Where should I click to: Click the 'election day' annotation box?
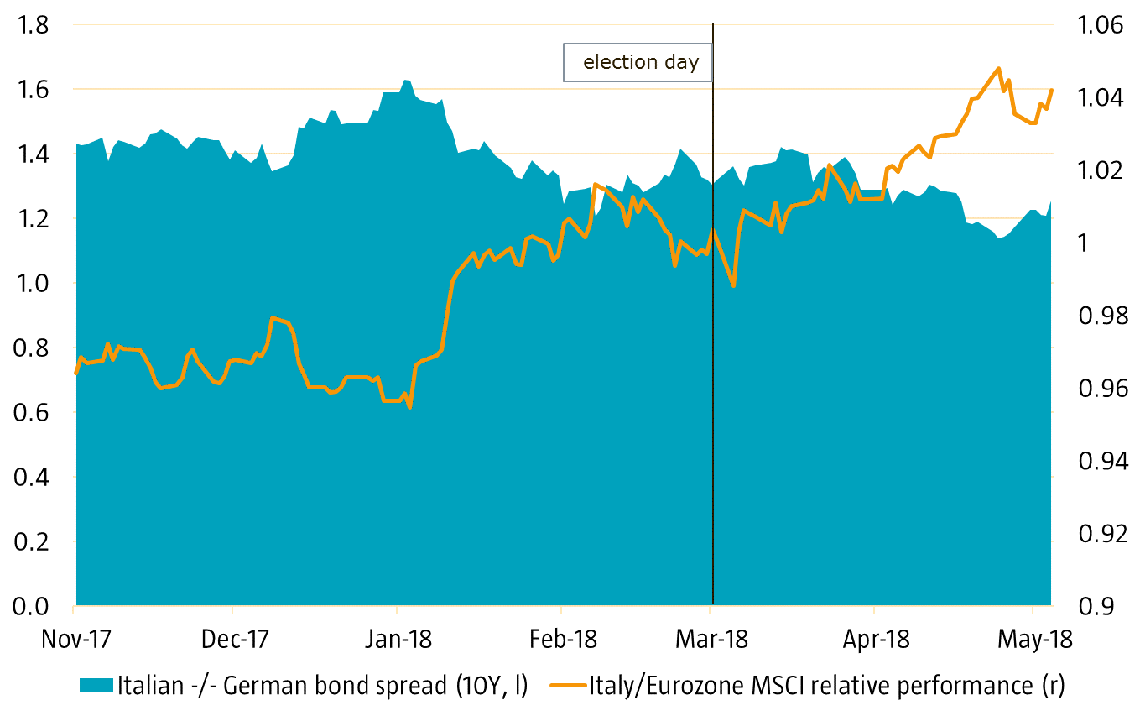click(640, 62)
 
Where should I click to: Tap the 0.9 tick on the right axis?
click(1091, 605)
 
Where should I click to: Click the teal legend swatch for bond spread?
click(96, 686)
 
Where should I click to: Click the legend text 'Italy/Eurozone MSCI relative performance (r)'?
click(825, 686)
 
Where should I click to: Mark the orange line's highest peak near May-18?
click(997, 69)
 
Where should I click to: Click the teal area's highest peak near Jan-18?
click(406, 81)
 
